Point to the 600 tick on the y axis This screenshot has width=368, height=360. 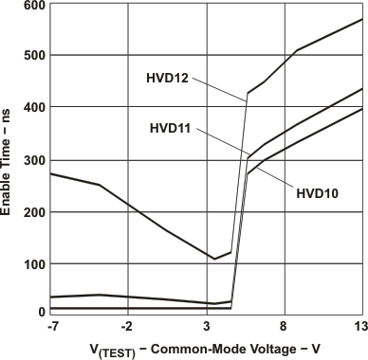34,7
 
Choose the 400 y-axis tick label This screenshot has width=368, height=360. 34,108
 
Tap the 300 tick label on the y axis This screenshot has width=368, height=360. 34,160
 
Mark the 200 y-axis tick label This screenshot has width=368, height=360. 34,211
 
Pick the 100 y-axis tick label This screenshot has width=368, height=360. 34,262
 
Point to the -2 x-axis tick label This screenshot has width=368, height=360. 127,327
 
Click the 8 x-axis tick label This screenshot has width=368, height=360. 285,327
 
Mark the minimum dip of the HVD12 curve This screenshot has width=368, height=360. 214,259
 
